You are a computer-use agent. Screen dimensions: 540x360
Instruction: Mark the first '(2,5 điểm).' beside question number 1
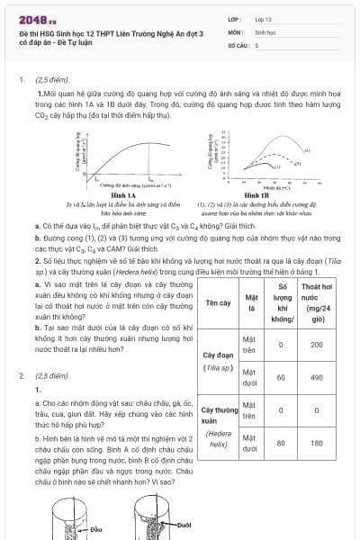(50, 79)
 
